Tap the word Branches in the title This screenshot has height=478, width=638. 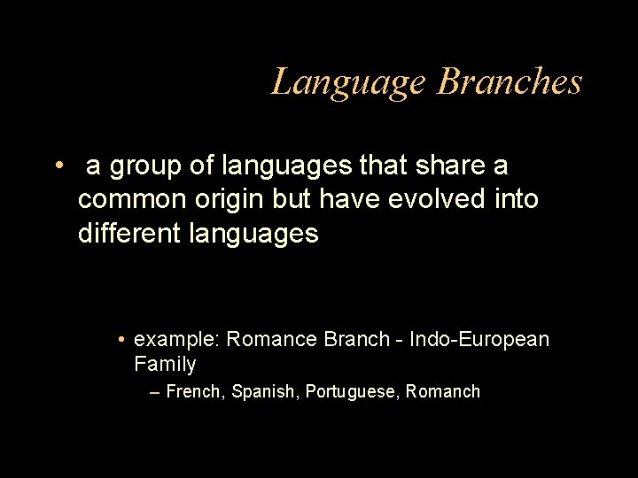point(510,82)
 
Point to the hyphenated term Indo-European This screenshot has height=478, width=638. point(479,339)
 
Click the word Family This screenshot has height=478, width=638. point(165,363)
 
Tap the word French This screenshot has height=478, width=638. point(194,391)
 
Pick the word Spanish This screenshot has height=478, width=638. point(264,391)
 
